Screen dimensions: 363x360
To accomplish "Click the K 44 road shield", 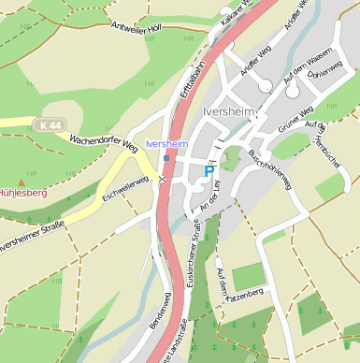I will click(x=52, y=124).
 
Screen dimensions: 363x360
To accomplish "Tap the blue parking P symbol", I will click(x=209, y=171).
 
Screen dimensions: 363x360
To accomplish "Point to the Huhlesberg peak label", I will click(x=22, y=193).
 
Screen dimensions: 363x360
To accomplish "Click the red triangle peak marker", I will click(x=21, y=181).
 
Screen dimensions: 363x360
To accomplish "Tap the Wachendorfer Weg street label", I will click(x=103, y=142).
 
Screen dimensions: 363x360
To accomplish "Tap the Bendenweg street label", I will click(x=156, y=310).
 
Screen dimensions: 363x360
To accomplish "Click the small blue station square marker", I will click(x=166, y=158).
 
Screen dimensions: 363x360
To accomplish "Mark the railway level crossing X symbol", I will click(x=162, y=178).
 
